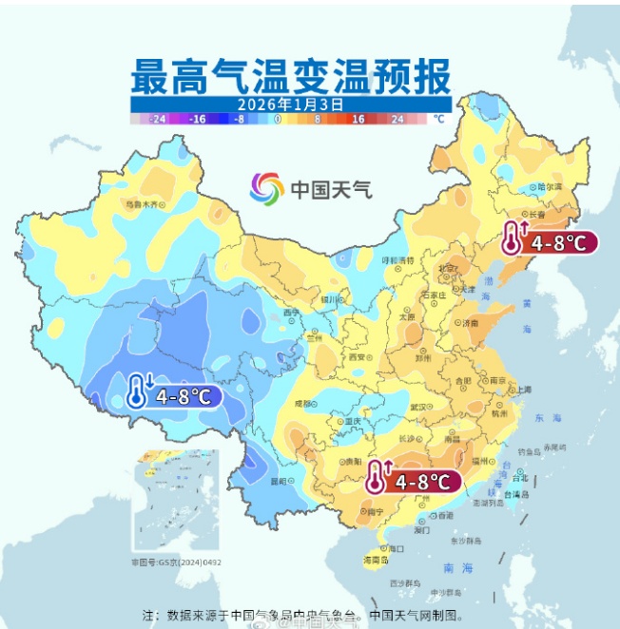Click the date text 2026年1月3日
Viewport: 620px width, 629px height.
[x=290, y=103]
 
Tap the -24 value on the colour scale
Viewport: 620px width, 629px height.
[x=158, y=119]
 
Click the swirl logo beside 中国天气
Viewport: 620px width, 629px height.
[x=267, y=188]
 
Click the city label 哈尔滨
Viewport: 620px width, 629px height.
[x=550, y=186]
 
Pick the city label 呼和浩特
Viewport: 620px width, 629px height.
[x=398, y=259]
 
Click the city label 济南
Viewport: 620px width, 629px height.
[x=470, y=323]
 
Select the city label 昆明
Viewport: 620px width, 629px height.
[x=278, y=481]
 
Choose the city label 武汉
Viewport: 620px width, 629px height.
[x=419, y=407]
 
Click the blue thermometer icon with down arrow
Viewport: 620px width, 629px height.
[x=141, y=391]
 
